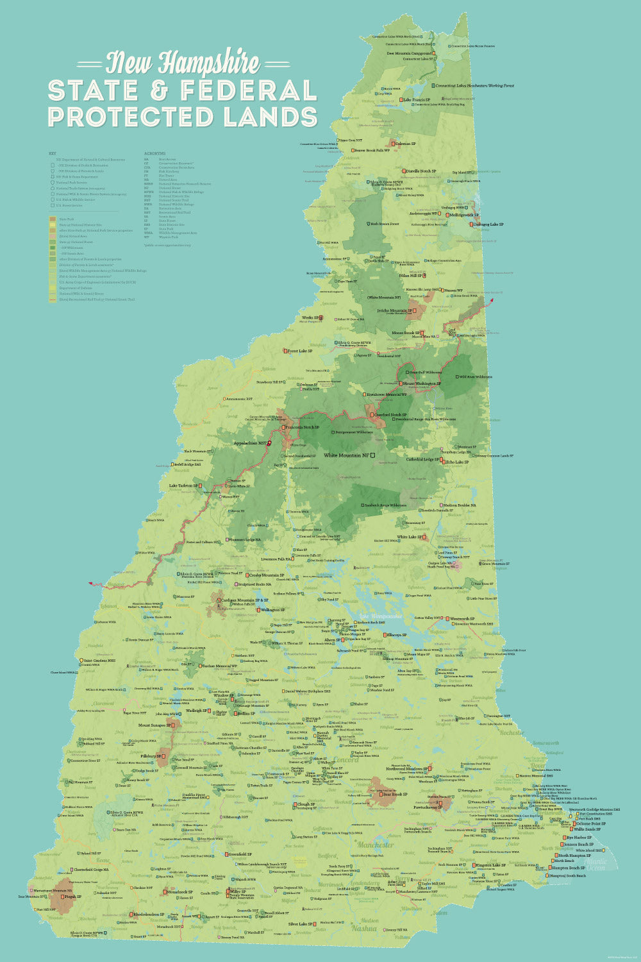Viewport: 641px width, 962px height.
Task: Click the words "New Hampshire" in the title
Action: point(183,63)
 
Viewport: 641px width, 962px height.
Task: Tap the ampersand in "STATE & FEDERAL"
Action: point(164,90)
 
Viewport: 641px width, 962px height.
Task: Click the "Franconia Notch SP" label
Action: point(301,427)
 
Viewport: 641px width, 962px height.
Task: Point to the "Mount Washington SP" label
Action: point(422,384)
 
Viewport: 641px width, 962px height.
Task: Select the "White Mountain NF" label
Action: point(347,455)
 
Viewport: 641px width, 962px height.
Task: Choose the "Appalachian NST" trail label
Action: point(251,443)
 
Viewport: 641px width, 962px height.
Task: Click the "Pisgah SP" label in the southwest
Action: point(70,897)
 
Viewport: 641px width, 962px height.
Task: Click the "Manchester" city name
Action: point(376,845)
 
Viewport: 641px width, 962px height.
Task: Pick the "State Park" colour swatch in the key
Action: point(53,219)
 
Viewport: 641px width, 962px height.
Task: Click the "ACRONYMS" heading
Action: point(154,154)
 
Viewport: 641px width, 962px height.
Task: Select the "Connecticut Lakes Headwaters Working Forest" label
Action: point(474,85)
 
